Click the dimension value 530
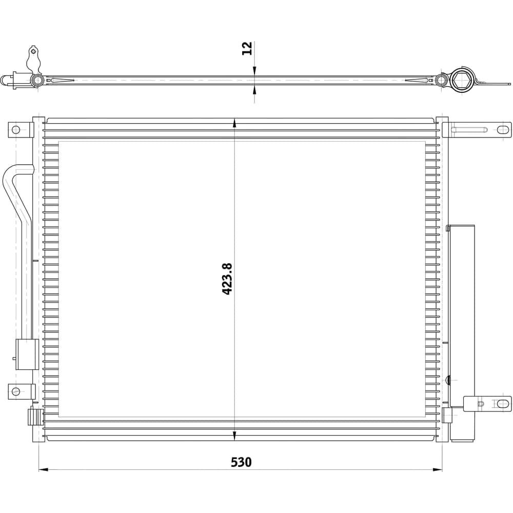point(241,462)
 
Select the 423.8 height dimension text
point(227,279)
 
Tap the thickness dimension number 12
point(247,48)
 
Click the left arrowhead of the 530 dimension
point(44,469)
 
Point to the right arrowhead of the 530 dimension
point(438,469)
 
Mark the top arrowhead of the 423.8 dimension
point(234,123)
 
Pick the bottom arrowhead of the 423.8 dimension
point(234,436)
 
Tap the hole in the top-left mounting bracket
point(16,130)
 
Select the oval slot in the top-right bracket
point(503,130)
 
